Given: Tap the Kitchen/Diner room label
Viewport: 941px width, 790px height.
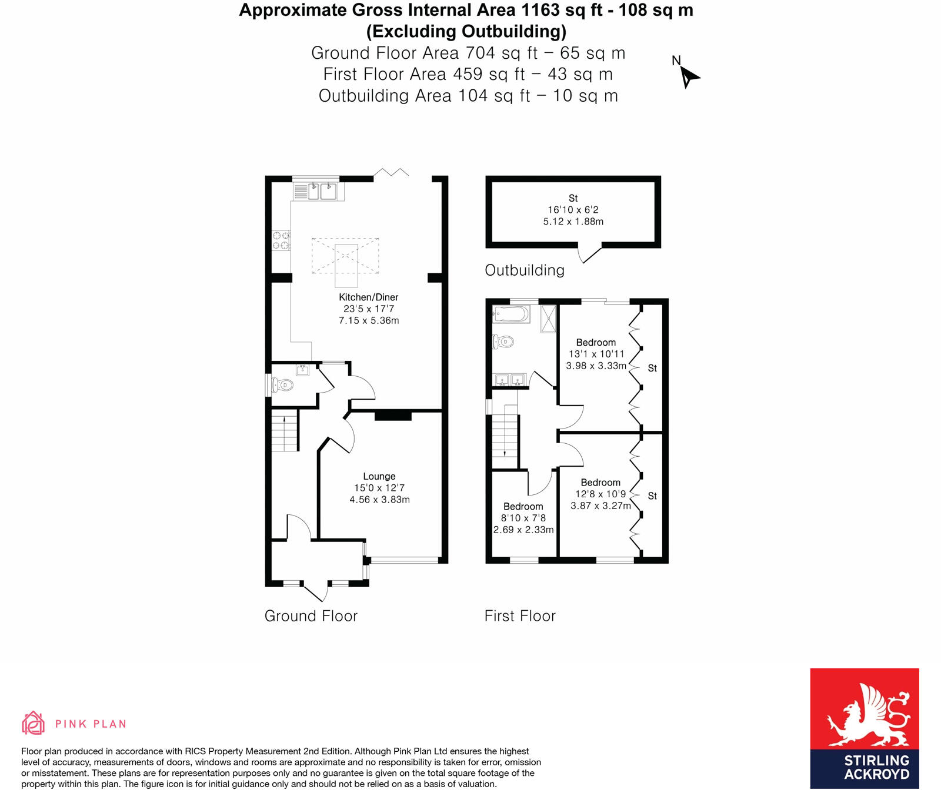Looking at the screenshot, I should (x=368, y=297).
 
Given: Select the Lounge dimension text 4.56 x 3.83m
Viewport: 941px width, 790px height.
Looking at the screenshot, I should (x=379, y=500).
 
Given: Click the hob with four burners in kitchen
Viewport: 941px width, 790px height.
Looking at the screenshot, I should (x=281, y=240).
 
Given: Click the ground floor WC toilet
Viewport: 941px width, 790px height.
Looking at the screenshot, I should (x=283, y=386).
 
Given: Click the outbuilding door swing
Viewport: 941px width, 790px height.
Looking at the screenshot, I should (x=589, y=254).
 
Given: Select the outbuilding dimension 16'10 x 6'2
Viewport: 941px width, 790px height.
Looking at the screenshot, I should (x=573, y=210).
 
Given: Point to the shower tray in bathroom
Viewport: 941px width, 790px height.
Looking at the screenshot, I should (x=548, y=318).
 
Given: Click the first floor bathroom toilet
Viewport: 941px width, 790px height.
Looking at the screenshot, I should (x=503, y=341).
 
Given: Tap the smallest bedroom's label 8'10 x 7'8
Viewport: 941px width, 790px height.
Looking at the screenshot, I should (x=523, y=518).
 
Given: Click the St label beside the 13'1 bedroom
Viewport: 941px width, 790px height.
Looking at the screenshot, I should (x=652, y=369).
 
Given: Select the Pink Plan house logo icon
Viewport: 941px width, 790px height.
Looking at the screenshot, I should (x=33, y=723).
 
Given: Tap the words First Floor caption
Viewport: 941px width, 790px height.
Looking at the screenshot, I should (x=520, y=616).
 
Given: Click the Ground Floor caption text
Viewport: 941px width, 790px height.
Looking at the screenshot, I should (x=311, y=616).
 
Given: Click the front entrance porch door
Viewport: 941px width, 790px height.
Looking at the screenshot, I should (x=315, y=591).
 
